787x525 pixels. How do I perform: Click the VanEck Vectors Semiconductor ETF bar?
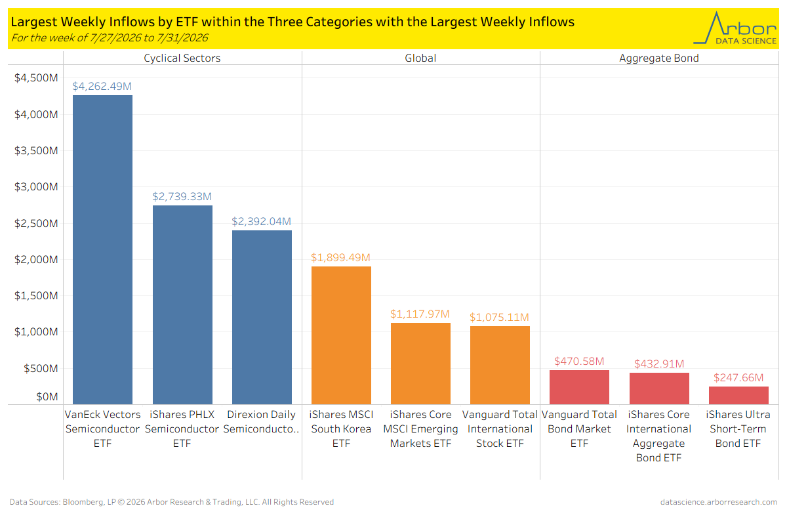pos(102,249)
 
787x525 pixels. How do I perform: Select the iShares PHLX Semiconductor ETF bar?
pos(182,305)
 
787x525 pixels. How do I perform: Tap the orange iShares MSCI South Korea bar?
pos(341,335)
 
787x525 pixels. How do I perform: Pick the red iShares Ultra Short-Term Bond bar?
pos(738,396)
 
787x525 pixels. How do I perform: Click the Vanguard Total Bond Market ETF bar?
pos(579,387)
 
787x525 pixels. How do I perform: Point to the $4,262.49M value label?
pos(102,86)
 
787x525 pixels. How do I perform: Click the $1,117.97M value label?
pos(420,314)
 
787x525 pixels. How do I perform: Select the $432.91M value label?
pos(659,364)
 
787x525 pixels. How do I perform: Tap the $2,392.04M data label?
pos(262,221)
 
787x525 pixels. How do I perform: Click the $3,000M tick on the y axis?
pos(36,187)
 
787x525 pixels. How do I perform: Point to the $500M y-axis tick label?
pos(41,368)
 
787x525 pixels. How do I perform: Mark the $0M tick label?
pos(47,396)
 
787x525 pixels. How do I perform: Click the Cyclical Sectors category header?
pos(182,58)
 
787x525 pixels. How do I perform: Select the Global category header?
pos(420,58)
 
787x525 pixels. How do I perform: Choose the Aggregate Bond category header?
pos(659,58)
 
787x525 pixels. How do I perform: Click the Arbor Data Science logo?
pos(735,28)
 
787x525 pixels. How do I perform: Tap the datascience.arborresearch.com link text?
pos(719,502)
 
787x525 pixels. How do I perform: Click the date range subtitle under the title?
pos(110,37)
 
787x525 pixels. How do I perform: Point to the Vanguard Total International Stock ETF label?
pos(500,429)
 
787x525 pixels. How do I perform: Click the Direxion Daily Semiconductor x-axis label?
pos(262,421)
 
